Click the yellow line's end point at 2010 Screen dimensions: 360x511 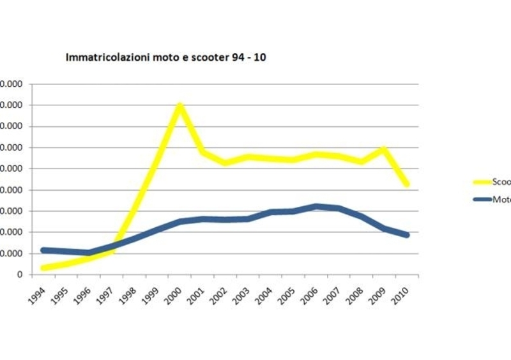tap(406, 184)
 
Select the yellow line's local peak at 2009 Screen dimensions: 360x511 tap(383, 149)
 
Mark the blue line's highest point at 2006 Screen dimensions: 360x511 tap(316, 206)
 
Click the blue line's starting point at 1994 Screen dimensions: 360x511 tap(43, 250)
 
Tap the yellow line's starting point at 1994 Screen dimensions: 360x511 tap(43, 267)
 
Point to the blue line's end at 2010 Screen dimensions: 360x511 tap(406, 235)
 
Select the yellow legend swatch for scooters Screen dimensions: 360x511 tap(480, 181)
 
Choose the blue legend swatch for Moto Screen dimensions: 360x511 tap(480, 199)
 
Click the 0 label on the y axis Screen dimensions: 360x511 tap(20, 274)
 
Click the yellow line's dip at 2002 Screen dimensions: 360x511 tap(225, 163)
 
